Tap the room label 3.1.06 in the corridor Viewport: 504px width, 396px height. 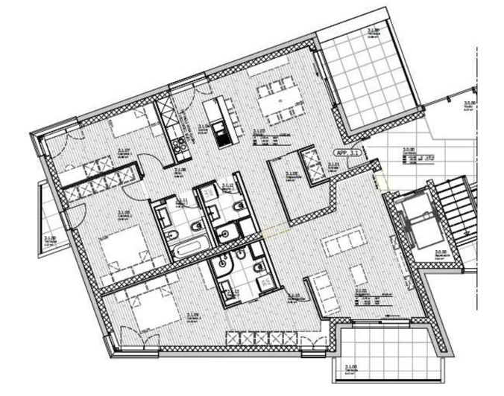click(x=179, y=170)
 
